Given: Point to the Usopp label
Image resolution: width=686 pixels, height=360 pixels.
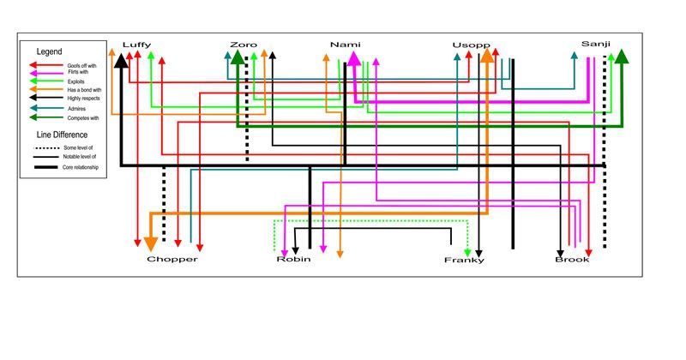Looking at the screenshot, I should click(x=470, y=45).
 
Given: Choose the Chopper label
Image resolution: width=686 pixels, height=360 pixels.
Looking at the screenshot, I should click(x=171, y=259).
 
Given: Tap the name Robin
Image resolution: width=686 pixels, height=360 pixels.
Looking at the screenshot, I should click(x=293, y=259).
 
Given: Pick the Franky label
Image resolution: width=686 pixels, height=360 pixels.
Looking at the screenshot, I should click(x=464, y=260).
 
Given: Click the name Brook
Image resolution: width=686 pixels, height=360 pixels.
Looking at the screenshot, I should click(x=572, y=259).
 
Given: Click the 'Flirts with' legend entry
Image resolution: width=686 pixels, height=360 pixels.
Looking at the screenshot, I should click(x=77, y=73).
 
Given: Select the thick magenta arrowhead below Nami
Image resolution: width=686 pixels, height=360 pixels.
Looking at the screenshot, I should click(x=352, y=60).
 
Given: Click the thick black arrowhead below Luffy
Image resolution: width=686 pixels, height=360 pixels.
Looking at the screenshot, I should click(x=122, y=59).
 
